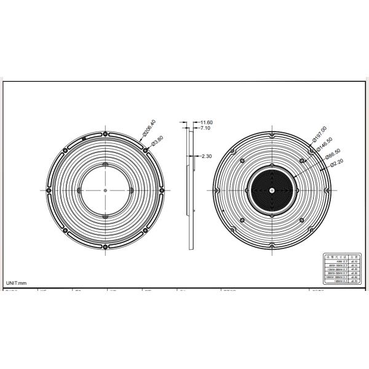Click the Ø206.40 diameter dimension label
(149, 127)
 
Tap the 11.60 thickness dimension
(205, 123)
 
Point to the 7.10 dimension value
(204, 129)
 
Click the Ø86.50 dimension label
(333, 154)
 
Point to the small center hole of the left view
(106, 190)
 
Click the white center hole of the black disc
(272, 190)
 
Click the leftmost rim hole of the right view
(215, 190)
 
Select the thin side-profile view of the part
(189, 184)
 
